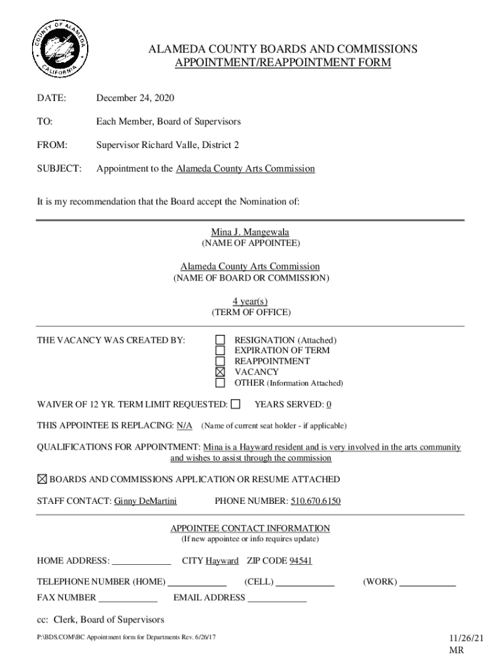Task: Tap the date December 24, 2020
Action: pos(135,98)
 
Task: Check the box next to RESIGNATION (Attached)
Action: pos(221,340)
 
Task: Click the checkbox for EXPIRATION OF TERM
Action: pos(221,351)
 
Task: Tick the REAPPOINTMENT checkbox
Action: pos(221,361)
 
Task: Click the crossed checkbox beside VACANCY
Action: pos(221,372)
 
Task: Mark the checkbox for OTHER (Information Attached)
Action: pos(221,383)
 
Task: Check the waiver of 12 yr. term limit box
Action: pos(236,404)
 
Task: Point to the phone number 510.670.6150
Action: pos(315,502)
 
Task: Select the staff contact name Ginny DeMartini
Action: pos(145,502)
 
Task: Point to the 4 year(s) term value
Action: pos(250,301)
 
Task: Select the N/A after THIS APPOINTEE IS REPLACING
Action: pos(185,425)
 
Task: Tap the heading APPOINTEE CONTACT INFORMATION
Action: pos(250,528)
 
